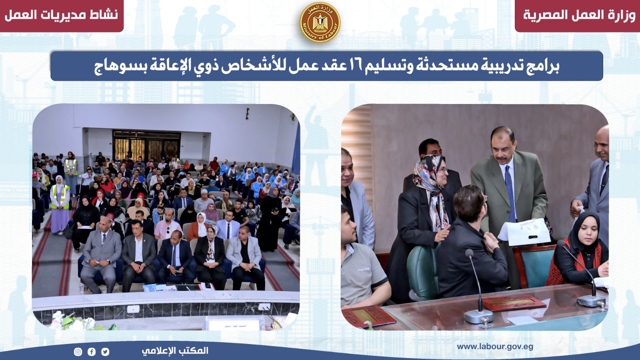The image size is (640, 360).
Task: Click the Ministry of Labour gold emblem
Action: (320, 22)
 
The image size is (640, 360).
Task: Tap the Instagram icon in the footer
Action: (78, 352)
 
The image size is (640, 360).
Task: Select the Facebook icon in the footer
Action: (92, 352)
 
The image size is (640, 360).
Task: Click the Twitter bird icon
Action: (105, 352)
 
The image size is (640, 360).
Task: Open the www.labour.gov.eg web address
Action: (495, 347)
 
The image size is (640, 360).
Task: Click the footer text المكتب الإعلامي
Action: (175, 350)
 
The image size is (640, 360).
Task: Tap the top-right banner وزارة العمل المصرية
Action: (579, 15)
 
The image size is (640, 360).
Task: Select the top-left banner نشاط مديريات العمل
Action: (61, 15)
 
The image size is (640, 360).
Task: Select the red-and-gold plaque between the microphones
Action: (514, 302)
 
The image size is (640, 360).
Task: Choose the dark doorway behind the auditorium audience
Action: (146, 146)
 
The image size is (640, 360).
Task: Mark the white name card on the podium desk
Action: (236, 324)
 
